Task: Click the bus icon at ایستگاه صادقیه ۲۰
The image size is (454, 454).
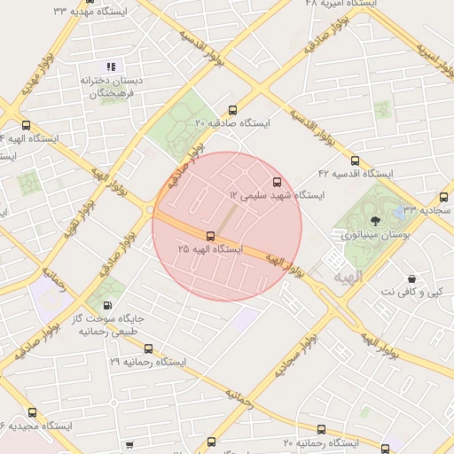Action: pos(232,111)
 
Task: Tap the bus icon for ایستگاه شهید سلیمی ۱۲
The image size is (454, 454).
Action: pos(278,181)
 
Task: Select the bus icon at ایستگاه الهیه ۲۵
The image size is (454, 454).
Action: pos(210,236)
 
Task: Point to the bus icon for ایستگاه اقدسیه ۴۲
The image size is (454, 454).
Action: pos(355,161)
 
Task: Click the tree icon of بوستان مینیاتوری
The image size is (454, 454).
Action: pos(374,221)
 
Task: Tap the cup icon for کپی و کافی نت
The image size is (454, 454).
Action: pos(411,278)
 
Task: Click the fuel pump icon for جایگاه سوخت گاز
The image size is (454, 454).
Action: pos(109,304)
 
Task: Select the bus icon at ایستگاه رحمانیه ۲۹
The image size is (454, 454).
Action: pos(148,348)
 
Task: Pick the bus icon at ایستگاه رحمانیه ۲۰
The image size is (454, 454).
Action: pos(320,429)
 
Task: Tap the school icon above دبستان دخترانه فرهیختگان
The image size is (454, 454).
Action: pos(111,67)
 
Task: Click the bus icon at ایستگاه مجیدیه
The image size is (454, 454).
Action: pos(33,412)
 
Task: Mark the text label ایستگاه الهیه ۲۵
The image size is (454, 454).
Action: pos(209,249)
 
